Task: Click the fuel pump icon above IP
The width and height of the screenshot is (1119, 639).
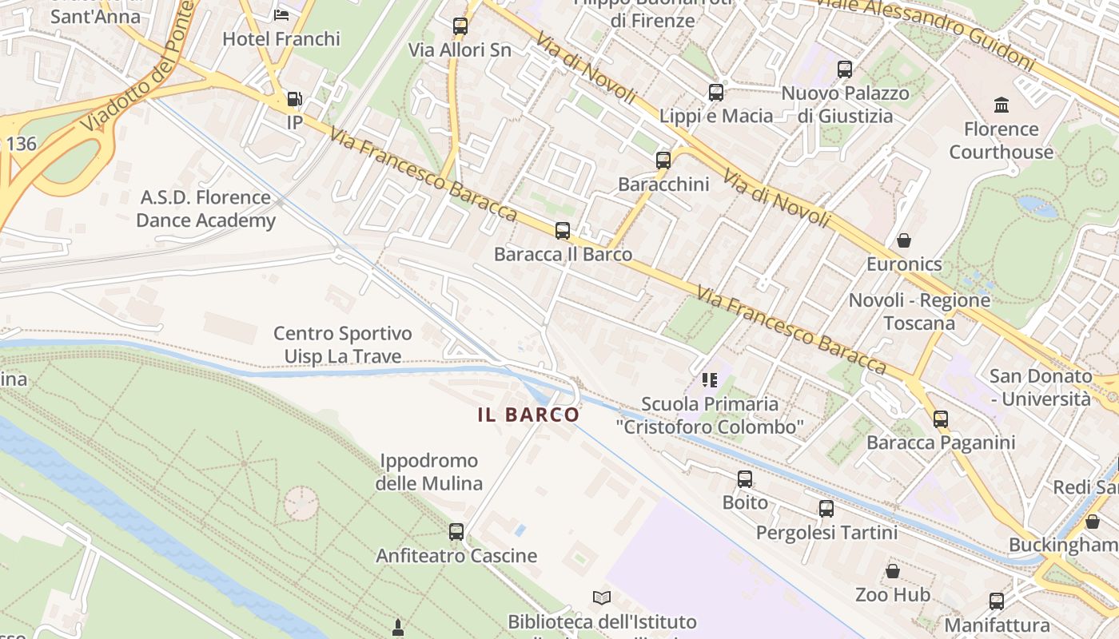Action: pos(294,100)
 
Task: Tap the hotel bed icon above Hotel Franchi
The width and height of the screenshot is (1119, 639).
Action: pos(281,14)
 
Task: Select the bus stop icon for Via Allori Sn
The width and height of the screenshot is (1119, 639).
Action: pos(460,26)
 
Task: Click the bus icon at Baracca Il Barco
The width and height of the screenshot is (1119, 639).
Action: pos(563,231)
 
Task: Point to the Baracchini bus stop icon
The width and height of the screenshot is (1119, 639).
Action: pos(663,161)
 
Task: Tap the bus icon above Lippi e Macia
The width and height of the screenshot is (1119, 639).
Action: pos(715,93)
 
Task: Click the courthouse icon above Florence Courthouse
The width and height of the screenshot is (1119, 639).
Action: pos(1001,105)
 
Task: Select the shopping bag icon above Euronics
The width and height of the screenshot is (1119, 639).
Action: pos(903,240)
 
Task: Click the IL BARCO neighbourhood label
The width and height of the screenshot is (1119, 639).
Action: pos(528,415)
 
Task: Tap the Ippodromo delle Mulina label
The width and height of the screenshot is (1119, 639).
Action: pos(428,472)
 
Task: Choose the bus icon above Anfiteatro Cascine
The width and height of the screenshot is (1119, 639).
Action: pos(456,531)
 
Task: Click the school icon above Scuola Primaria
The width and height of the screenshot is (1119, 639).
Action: pos(709,379)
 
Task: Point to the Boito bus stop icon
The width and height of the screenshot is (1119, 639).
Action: pos(745,479)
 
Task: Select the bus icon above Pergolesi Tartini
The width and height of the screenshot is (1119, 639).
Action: pos(826,509)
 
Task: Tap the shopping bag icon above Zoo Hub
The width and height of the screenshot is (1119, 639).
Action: pos(893,571)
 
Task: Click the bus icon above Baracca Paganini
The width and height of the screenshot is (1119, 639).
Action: pos(941,419)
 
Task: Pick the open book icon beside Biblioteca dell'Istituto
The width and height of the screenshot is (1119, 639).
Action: pos(601,597)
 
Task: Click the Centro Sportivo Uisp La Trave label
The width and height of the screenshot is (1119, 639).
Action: pos(343,344)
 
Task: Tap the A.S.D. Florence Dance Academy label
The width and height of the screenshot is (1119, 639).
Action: pos(205,208)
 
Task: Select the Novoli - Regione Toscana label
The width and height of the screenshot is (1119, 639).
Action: pos(919,312)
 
